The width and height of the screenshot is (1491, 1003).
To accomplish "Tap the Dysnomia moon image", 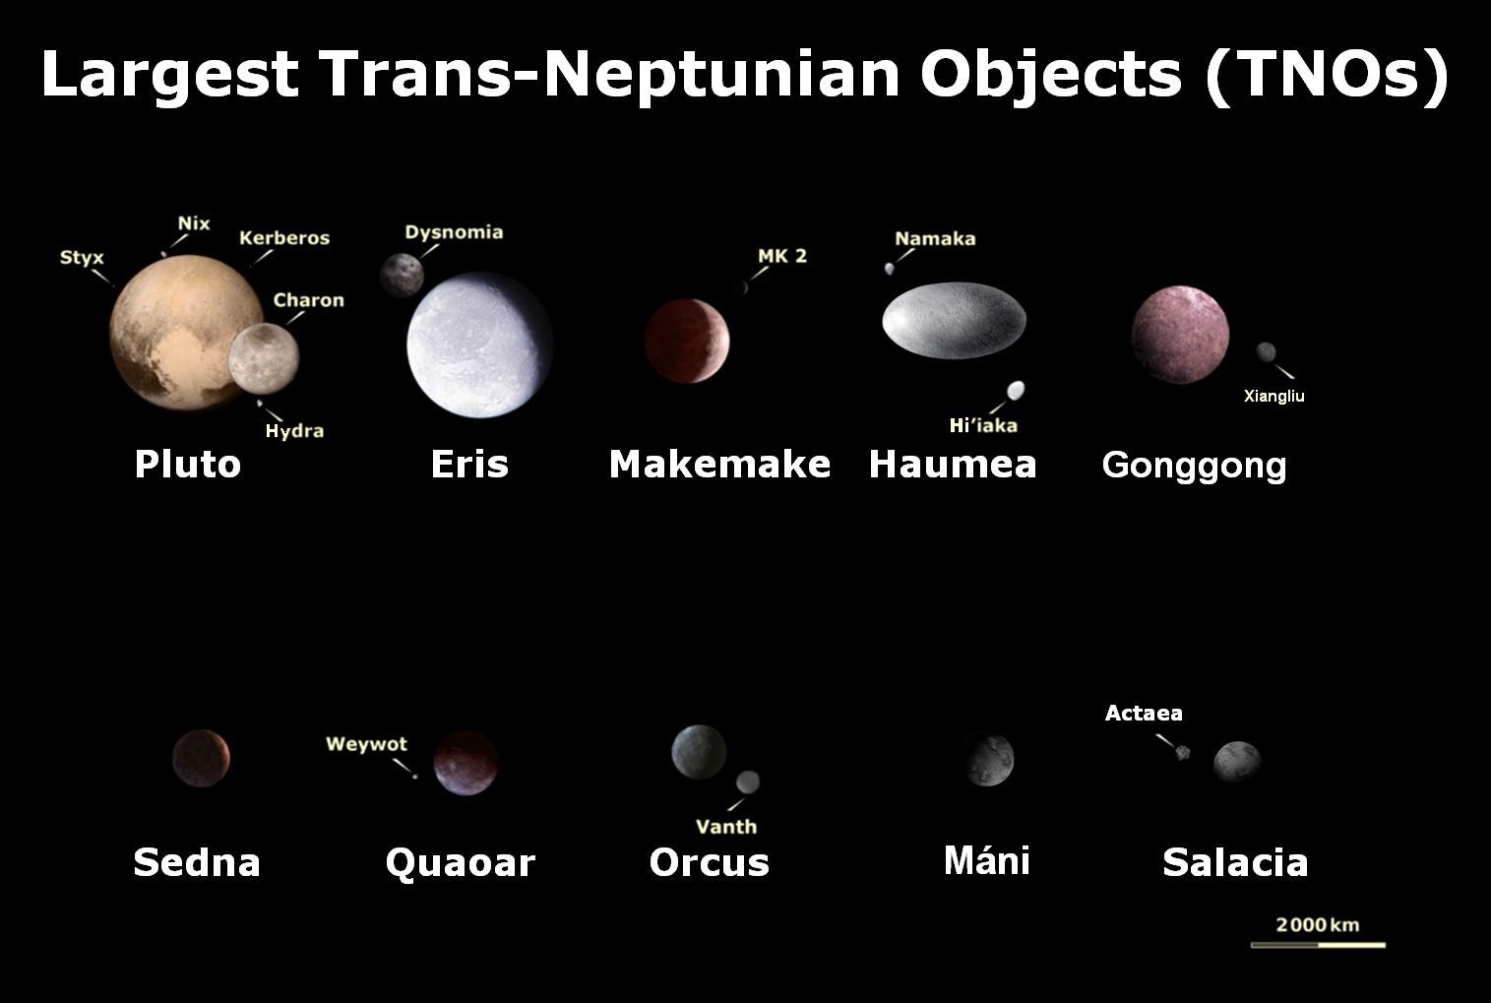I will click(402, 274).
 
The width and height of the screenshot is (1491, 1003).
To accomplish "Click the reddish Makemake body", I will click(687, 340).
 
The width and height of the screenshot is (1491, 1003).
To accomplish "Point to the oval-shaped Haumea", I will click(954, 319).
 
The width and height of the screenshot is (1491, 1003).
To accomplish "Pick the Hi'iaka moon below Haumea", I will click(1016, 391).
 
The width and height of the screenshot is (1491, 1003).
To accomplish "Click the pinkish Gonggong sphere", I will click(1180, 336).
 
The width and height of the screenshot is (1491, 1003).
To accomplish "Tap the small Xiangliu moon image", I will click(1267, 352).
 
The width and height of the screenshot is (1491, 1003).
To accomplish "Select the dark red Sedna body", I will click(201, 758).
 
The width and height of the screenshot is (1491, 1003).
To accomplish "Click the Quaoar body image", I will click(466, 762).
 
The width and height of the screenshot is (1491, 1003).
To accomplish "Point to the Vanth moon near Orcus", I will click(748, 782).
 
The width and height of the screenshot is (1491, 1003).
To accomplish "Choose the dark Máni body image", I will click(988, 760).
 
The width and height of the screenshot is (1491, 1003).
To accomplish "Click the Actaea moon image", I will click(1183, 753).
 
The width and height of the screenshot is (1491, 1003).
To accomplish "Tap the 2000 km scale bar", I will click(1318, 945).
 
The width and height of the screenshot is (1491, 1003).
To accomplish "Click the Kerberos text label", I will click(284, 238).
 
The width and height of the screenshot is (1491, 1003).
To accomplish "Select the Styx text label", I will click(82, 258).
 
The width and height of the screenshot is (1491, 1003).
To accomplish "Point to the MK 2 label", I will click(782, 256).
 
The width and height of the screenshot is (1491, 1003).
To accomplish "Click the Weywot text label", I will click(366, 744).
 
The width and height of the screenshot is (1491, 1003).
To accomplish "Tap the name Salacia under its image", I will click(1235, 862).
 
